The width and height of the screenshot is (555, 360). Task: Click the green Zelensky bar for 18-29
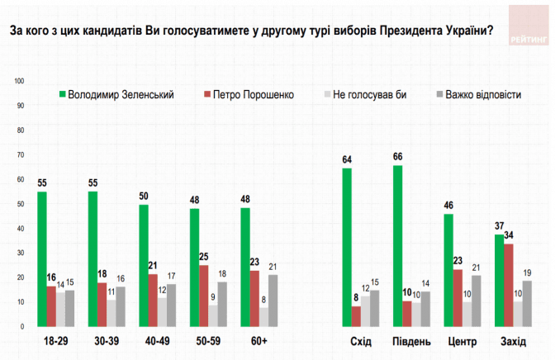[42, 258]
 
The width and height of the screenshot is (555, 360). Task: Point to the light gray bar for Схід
[366, 310]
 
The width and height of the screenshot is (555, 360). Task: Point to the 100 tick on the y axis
[21, 81]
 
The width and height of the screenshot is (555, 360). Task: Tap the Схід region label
[361, 342]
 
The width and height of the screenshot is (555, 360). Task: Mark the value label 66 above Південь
[397, 158]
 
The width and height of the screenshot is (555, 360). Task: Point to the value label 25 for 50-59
[204, 257]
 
